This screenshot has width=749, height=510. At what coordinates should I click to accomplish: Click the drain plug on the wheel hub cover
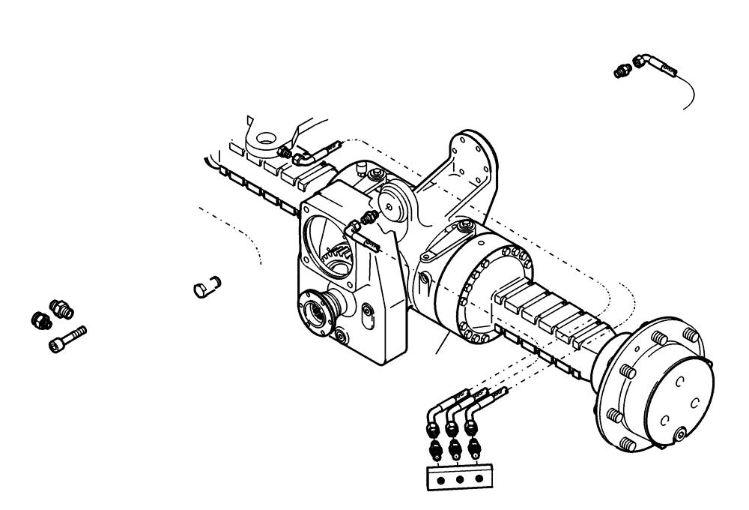point(679,436)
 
